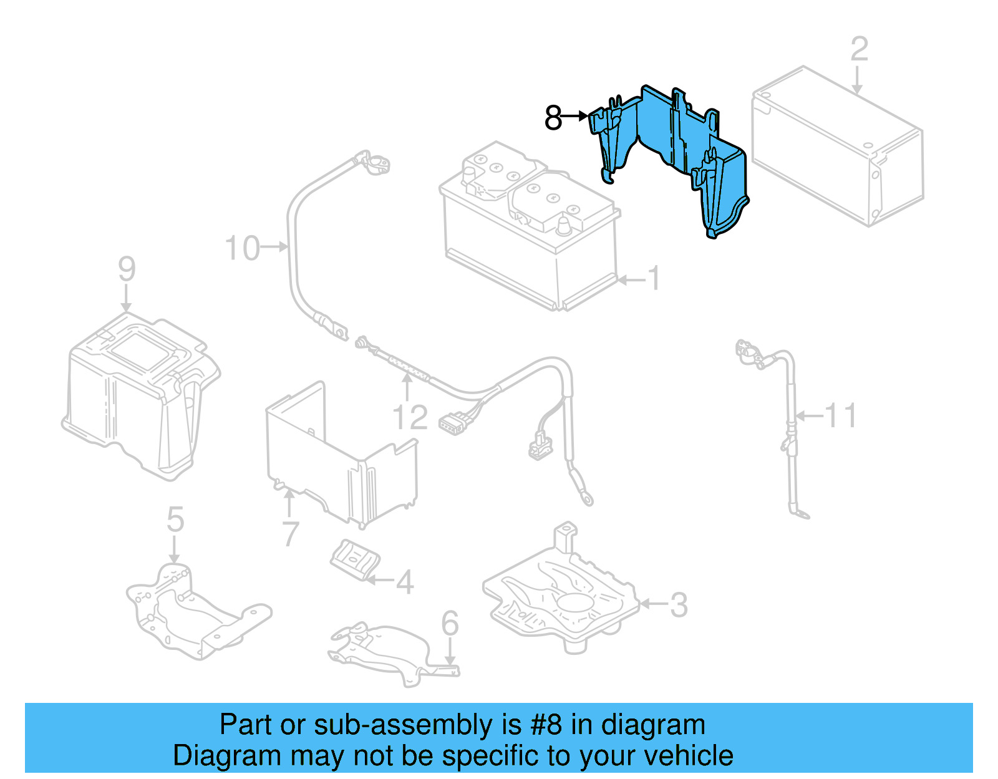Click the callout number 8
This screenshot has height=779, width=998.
[x=553, y=117]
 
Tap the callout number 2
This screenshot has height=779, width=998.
[x=859, y=49]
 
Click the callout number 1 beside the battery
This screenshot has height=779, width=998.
[x=653, y=278]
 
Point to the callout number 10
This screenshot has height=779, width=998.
[x=242, y=248]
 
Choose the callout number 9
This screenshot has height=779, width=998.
[x=127, y=269]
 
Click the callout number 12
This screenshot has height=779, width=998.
[x=410, y=417]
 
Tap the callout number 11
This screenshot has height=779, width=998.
[x=840, y=415]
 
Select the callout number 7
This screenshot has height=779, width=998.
[x=291, y=535]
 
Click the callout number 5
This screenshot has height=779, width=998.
[x=175, y=520]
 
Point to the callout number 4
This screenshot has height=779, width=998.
[x=405, y=583]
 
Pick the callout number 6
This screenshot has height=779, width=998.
[x=450, y=623]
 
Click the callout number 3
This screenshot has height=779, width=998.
[x=679, y=604]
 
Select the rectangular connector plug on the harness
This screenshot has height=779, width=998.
[x=453, y=423]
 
